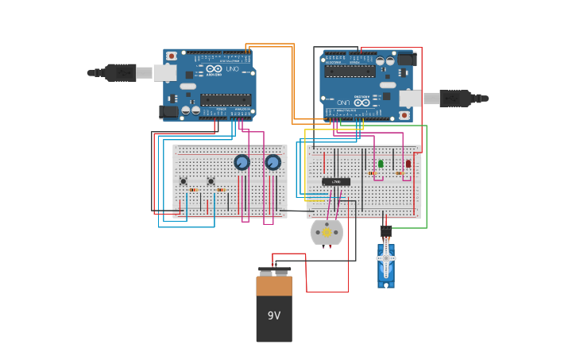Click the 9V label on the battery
click(274, 315)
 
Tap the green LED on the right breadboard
click(381, 164)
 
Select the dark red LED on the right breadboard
click(408, 164)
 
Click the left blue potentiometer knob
click(242, 162)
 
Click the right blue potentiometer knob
click(273, 162)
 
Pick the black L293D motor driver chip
click(336, 182)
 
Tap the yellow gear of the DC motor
click(327, 232)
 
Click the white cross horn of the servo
click(386, 258)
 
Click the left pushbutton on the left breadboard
click(184, 181)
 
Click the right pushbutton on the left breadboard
click(211, 181)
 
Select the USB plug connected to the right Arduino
click(455, 99)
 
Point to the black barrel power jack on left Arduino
click(168, 111)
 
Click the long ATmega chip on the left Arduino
click(226, 99)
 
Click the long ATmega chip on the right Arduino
click(350, 71)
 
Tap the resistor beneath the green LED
click(372, 173)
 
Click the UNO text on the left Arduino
click(232, 69)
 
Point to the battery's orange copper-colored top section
click(274, 285)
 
